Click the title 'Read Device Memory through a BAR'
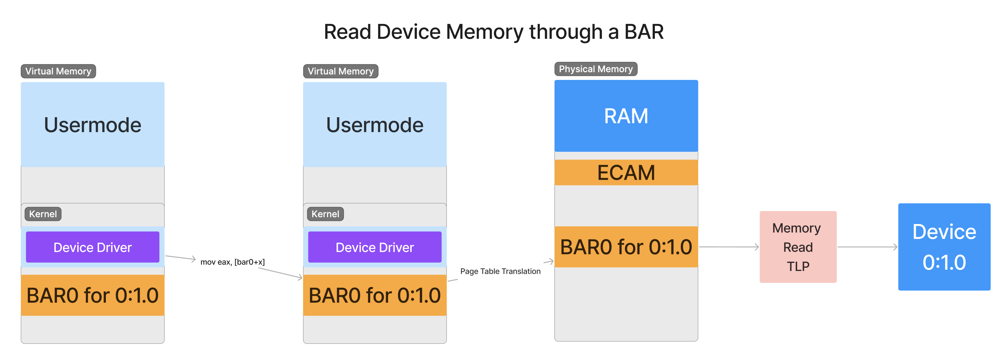click(x=494, y=32)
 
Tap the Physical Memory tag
click(x=596, y=69)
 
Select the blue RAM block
click(x=626, y=116)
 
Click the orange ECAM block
click(x=626, y=173)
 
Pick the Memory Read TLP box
click(x=797, y=247)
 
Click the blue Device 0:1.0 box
click(x=944, y=247)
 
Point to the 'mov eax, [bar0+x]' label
click(x=232, y=262)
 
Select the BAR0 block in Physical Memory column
click(x=626, y=247)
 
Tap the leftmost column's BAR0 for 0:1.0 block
click(x=93, y=295)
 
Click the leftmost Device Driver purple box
click(x=93, y=247)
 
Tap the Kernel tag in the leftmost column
click(x=43, y=214)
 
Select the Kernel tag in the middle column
click(x=325, y=214)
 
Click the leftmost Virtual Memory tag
click(x=58, y=72)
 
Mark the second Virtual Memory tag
click(x=340, y=72)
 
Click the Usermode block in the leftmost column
click(x=93, y=125)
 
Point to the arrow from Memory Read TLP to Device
click(x=867, y=247)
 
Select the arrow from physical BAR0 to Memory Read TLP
click(x=728, y=247)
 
